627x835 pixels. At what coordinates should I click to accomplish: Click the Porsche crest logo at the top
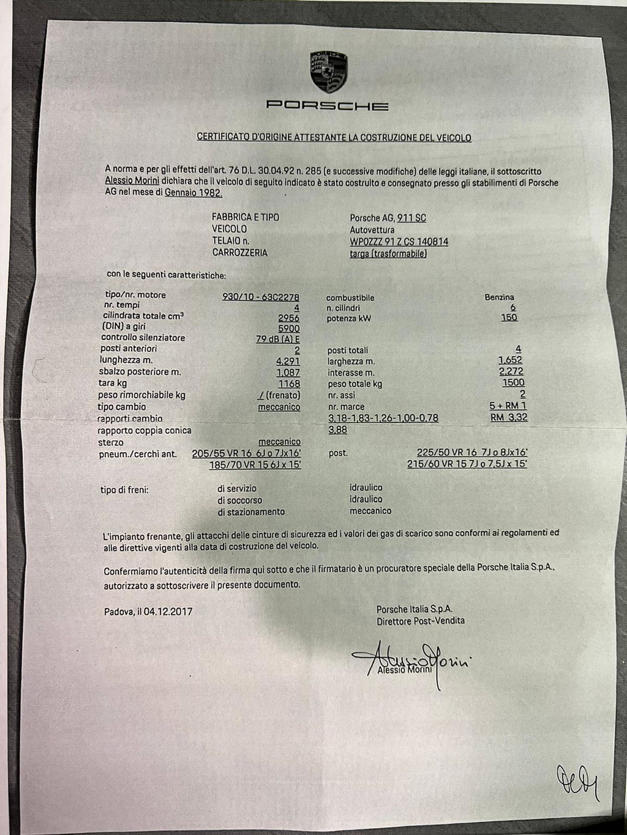[328, 72]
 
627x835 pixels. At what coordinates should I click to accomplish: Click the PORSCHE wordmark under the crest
[328, 106]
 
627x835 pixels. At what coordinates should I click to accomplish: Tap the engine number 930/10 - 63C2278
[261, 295]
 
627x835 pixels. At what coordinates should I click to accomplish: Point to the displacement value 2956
[288, 318]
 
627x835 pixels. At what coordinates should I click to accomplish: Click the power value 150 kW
[509, 317]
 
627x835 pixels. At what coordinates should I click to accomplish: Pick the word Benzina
[500, 297]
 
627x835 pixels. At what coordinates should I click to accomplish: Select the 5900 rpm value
[288, 328]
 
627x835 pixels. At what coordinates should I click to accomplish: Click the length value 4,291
[288, 361]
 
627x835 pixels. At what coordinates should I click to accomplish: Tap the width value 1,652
[510, 360]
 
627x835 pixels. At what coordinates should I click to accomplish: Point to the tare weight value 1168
[289, 384]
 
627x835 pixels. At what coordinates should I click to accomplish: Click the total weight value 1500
[513, 383]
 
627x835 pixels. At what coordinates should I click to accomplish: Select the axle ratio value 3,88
[338, 430]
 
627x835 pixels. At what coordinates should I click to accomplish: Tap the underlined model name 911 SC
[411, 218]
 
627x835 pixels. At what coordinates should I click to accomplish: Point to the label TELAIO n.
[230, 241]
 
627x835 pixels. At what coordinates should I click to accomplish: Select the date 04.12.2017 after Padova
[168, 610]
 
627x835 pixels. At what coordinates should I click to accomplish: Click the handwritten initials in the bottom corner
[576, 780]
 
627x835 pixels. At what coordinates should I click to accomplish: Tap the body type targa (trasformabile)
[388, 254]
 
